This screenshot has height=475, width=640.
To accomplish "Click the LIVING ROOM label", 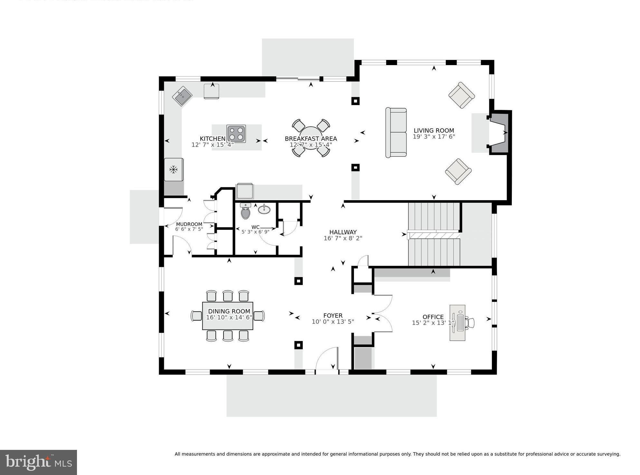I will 434,131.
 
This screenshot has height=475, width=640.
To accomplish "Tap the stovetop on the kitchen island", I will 236,134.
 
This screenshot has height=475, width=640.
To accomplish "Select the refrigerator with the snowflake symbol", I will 174,170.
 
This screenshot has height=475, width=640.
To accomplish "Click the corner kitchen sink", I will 182,96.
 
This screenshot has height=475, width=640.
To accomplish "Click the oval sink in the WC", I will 264,209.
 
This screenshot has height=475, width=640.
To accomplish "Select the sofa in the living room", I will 396,132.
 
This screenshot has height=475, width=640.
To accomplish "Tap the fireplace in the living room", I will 499,132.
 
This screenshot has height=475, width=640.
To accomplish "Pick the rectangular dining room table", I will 227,316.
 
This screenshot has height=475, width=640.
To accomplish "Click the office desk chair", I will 470,323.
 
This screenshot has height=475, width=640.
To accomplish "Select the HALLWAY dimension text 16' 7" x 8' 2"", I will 343,238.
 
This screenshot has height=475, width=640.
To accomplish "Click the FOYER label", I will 333,315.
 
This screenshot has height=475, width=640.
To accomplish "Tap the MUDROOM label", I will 189,224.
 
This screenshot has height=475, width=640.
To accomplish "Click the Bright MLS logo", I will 38,462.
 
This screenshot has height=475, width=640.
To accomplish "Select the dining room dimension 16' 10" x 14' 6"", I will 229,317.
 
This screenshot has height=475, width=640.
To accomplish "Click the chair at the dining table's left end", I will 196,316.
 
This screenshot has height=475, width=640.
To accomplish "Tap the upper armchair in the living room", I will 462,95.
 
